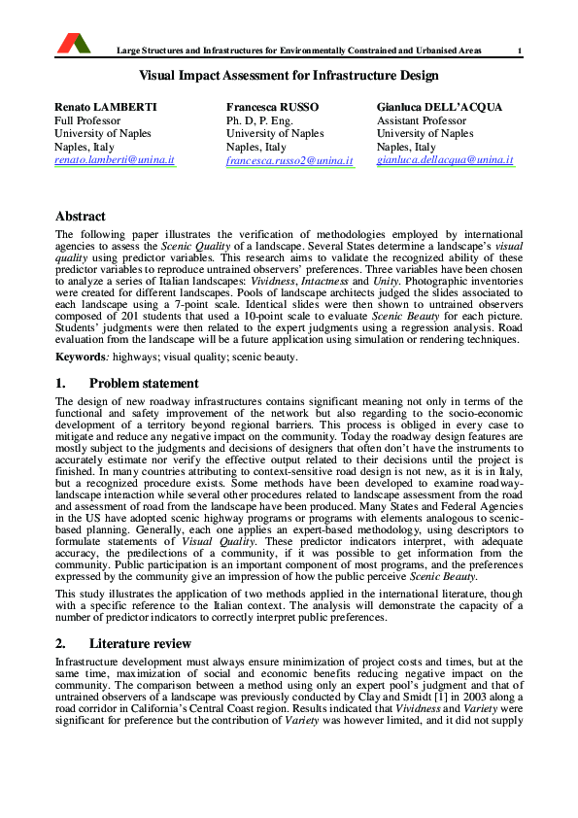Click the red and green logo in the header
tap(74, 42)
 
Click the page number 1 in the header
tap(520, 51)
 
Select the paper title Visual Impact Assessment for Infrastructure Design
tap(289, 75)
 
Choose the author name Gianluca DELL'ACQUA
tap(439, 107)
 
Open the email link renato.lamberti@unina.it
tap(115, 159)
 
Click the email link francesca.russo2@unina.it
tap(289, 159)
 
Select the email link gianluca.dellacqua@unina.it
tap(445, 159)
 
